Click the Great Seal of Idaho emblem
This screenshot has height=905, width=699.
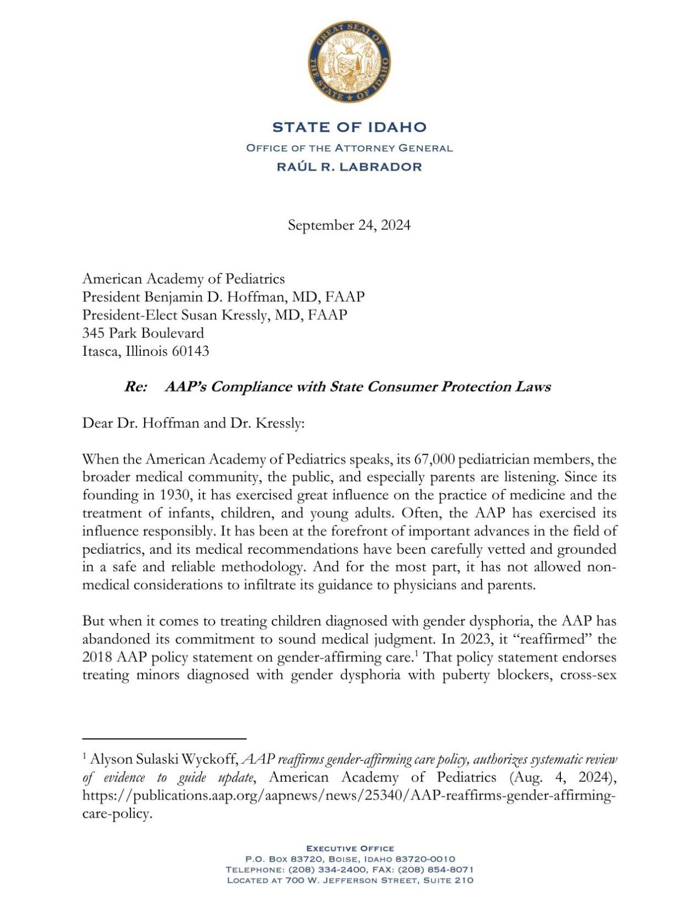pos(349,62)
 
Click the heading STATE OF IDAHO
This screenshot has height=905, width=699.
pos(349,127)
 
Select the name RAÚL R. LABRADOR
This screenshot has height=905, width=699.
pos(349,167)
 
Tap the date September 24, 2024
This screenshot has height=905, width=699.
pos(349,225)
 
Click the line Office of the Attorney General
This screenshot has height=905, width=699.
pos(349,148)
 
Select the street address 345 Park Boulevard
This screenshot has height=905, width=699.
pos(143,333)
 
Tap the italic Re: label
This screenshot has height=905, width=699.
pos(135,387)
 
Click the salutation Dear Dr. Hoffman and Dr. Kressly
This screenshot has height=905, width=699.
pos(193,424)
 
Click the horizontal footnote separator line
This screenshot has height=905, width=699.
pos(164,738)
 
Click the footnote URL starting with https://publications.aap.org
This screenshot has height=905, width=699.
pos(348,796)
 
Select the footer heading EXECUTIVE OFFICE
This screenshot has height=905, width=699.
pos(350,848)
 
